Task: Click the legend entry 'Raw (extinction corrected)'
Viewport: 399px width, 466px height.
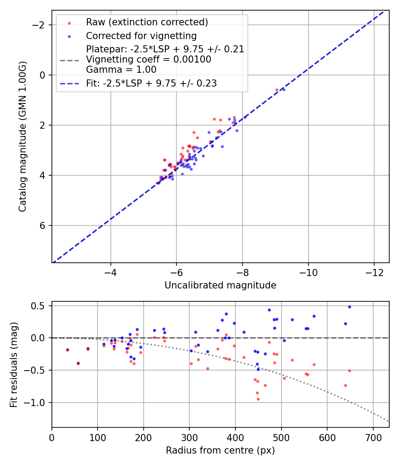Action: point(147,22)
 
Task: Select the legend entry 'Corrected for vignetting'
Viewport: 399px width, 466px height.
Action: point(141,36)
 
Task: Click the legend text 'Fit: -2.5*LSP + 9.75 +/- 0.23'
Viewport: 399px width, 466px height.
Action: point(151,83)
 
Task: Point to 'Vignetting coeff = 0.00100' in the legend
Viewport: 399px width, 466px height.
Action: point(149,59)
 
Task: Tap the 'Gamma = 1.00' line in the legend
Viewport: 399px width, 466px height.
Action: point(121,69)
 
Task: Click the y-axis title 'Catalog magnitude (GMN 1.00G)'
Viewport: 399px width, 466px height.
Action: point(23,136)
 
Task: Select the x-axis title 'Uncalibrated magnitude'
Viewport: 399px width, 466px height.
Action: point(220,285)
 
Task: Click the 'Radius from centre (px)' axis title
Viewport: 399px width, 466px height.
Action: point(220,450)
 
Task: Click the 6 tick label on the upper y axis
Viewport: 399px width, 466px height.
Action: point(43,225)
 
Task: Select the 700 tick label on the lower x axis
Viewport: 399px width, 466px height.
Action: point(373,438)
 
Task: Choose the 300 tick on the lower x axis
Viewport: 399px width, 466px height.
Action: point(189,438)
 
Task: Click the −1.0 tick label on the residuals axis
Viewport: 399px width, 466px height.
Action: point(37,403)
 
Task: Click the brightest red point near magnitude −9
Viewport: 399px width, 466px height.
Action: point(277,90)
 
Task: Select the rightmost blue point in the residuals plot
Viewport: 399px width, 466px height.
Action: point(349,307)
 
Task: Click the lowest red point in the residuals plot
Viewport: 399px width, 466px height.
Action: point(258,399)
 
